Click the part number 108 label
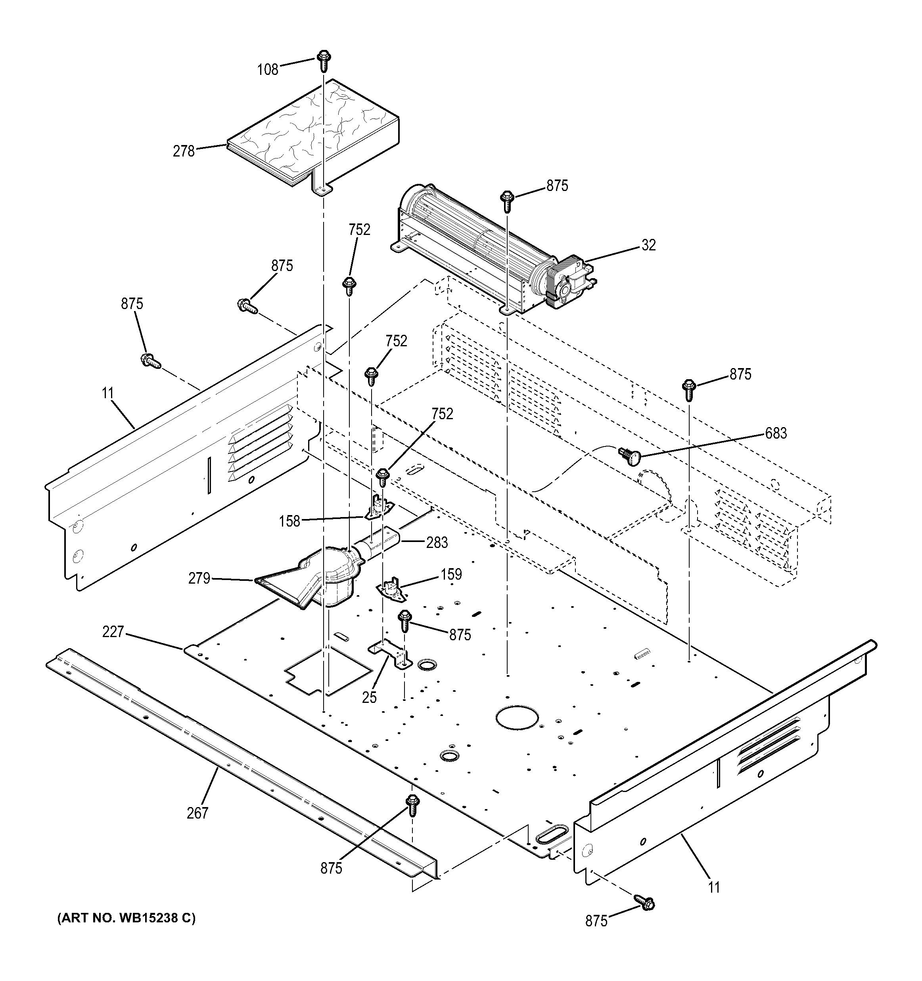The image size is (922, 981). (x=268, y=70)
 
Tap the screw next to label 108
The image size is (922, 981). (x=324, y=61)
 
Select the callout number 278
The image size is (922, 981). (x=184, y=151)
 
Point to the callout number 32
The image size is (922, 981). (x=649, y=245)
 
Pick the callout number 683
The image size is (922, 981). (x=776, y=433)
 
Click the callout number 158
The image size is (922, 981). (x=289, y=521)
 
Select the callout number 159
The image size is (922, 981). (x=451, y=574)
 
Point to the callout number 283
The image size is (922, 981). (x=437, y=543)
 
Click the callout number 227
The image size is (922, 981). (x=113, y=632)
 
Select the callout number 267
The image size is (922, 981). (x=197, y=813)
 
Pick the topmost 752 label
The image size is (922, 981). (x=359, y=229)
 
